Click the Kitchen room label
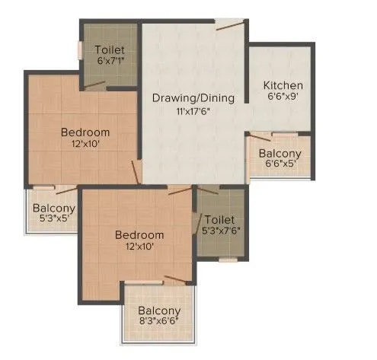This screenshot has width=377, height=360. pyautogui.click(x=283, y=85)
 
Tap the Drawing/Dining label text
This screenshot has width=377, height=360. pyautogui.click(x=193, y=98)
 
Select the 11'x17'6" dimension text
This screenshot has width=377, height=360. pyautogui.click(x=193, y=110)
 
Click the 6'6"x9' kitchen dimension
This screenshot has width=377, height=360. pyautogui.click(x=283, y=97)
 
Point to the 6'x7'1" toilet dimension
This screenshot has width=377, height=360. pyautogui.click(x=110, y=62)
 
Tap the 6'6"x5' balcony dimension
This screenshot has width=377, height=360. pyautogui.click(x=280, y=162)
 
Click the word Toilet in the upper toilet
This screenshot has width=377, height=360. pyautogui.click(x=110, y=50)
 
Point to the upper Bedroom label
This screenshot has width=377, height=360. pyautogui.click(x=85, y=132)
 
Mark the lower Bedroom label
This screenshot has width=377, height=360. pyautogui.click(x=139, y=234)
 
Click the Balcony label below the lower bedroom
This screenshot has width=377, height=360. pyautogui.click(x=159, y=311)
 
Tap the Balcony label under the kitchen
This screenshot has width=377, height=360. pyautogui.click(x=280, y=151)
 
